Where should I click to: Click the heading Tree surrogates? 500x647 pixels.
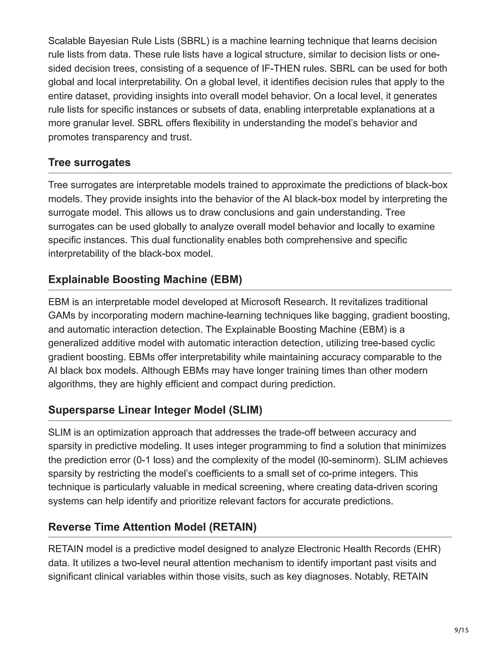89,162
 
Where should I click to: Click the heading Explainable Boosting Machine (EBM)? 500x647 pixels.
145,279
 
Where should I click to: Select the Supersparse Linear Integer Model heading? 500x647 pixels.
155,410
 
